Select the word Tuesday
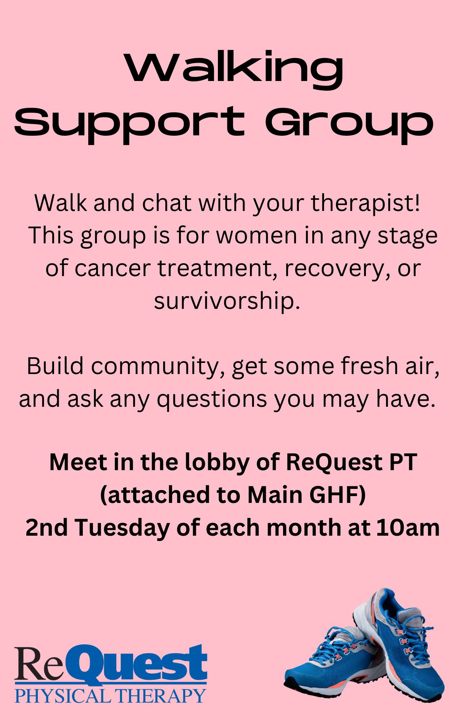[x=122, y=528]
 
